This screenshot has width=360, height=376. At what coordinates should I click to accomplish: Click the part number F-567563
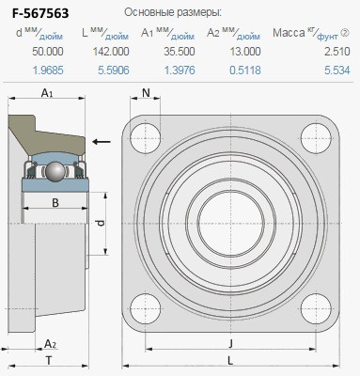tap(40, 13)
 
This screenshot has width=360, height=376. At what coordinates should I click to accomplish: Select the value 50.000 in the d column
tap(48, 52)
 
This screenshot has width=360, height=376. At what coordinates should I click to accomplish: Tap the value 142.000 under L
tap(111, 52)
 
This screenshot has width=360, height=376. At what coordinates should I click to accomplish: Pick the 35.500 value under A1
tap(180, 52)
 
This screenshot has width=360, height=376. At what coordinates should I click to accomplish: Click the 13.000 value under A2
tap(245, 52)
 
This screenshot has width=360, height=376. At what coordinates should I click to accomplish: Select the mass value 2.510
tap(337, 52)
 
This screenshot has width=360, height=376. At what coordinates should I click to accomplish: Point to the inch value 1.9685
tap(48, 70)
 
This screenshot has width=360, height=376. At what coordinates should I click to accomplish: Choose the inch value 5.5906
tap(114, 70)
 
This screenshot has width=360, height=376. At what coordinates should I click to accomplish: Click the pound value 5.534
tap(337, 70)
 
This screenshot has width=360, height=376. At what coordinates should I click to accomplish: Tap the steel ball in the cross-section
tap(55, 171)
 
